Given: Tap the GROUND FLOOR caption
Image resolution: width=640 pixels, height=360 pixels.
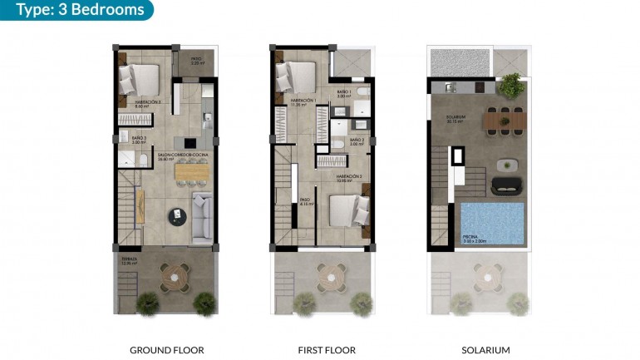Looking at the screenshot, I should (167, 350).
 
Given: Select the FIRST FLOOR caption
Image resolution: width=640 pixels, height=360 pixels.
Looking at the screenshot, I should (326, 350).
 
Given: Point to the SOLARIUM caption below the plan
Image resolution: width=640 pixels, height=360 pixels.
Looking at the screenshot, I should (485, 350).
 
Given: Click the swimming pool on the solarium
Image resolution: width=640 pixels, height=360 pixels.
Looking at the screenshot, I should (492, 223).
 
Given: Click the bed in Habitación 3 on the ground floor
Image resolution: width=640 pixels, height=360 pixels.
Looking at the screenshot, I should (139, 80).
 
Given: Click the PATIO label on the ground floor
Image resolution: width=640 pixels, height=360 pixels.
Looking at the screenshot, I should (196, 60).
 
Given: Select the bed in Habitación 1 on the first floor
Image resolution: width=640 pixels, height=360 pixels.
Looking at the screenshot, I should (295, 77).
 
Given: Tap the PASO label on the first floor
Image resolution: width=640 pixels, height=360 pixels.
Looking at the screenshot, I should (305, 200).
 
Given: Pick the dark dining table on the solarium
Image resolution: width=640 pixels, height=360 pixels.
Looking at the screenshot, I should (505, 122).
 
